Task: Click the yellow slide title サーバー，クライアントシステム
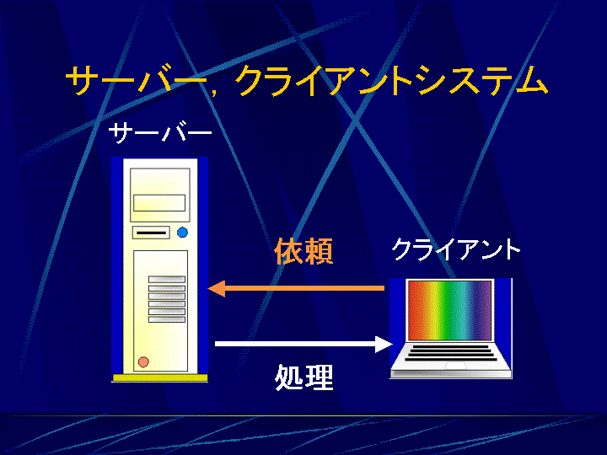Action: pos(307,80)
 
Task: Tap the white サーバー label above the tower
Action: pos(160,133)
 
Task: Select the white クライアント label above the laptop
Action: pos(455,249)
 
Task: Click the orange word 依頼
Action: pos(303,251)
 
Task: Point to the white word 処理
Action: pos(303,377)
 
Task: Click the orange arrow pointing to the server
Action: pos(296,288)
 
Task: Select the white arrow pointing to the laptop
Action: pos(303,344)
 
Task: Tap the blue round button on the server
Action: pos(182,233)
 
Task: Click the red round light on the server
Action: pos(143,361)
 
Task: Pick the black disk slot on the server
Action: pos(151,233)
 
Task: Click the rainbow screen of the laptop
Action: pos(449,311)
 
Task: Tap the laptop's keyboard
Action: pos(450,352)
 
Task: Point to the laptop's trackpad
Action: pos(455,366)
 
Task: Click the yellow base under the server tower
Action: pos(160,378)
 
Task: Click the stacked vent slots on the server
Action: pos(167,299)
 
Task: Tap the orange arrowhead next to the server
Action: pos(217,288)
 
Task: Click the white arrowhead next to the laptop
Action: pos(384,344)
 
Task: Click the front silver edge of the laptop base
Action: pos(451,374)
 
